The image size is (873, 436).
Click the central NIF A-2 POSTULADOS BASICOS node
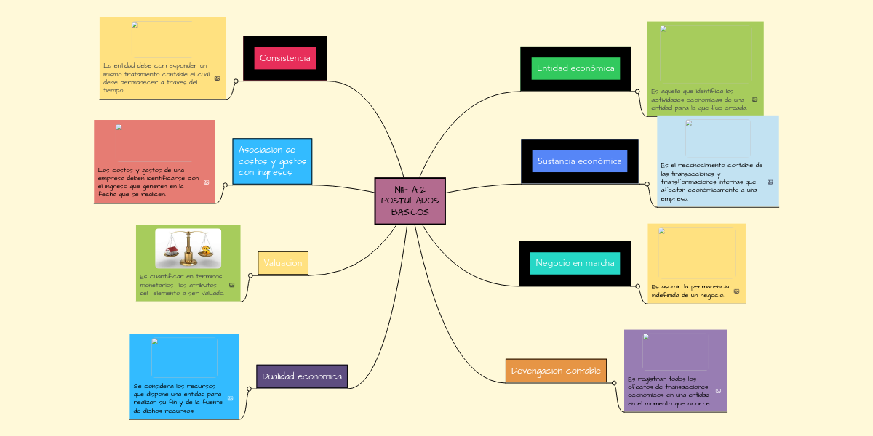[410, 201]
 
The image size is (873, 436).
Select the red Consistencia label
[284, 58]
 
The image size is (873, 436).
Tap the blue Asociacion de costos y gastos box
[272, 161]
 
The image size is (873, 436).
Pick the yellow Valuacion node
[283, 263]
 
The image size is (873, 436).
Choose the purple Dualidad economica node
[302, 376]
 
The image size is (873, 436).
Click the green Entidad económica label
[575, 68]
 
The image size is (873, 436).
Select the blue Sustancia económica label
[579, 161]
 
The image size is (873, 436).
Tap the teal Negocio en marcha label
[575, 263]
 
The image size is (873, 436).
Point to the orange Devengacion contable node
[556, 371]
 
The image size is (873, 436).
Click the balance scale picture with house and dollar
[188, 249]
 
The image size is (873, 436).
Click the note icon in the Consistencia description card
[217, 78]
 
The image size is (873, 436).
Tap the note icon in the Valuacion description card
[231, 285]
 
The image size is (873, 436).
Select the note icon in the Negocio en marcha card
[736, 291]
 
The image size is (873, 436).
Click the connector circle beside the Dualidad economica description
[249, 389]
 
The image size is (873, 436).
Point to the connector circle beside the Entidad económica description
[637, 92]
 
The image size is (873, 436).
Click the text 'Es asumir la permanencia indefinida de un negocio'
[689, 291]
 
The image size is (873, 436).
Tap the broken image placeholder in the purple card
[675, 352]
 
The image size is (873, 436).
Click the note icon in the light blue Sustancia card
[770, 182]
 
